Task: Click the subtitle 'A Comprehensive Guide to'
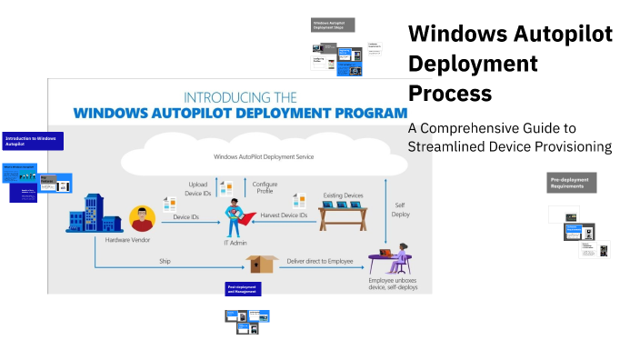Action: pyautogui.click(x=492, y=128)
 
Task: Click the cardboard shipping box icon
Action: pyautogui.click(x=262, y=263)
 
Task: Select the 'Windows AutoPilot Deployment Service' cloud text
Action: pyautogui.click(x=264, y=156)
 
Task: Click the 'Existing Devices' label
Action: pyautogui.click(x=342, y=194)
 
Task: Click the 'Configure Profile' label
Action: pyautogui.click(x=265, y=187)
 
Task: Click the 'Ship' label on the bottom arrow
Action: pyautogui.click(x=165, y=260)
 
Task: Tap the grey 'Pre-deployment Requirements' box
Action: pyautogui.click(x=571, y=182)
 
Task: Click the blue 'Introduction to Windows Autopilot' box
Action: pyautogui.click(x=32, y=141)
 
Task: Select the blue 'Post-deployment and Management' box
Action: pyautogui.click(x=244, y=289)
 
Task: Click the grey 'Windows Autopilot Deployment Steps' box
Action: pyautogui.click(x=333, y=25)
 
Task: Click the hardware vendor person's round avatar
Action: pyautogui.click(x=141, y=218)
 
